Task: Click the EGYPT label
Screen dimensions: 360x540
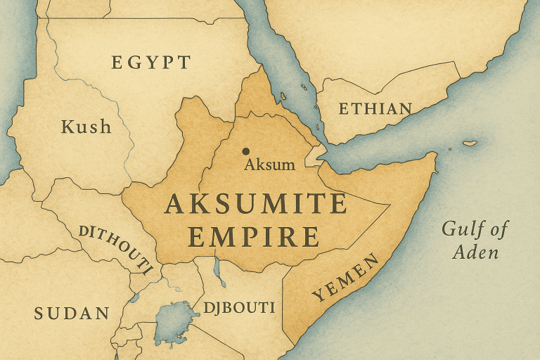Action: point(150,63)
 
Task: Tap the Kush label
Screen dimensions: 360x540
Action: point(86,127)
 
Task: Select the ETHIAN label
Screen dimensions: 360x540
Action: point(375,109)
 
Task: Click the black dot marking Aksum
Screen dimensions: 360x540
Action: point(245,151)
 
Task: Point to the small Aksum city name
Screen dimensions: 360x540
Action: point(269,165)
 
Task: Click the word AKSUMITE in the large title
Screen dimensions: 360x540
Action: point(255,204)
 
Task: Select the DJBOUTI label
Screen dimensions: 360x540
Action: point(238,308)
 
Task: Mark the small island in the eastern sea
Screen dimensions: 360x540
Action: point(470,143)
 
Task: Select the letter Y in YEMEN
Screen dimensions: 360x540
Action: point(317,296)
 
